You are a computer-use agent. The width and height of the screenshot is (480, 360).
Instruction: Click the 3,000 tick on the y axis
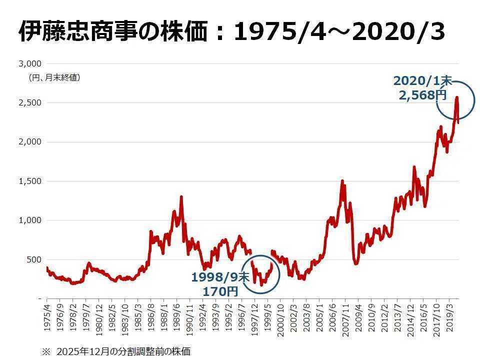[30, 63]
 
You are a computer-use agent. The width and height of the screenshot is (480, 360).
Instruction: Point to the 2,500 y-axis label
[30, 103]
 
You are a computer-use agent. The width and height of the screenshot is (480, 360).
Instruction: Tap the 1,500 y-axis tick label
[30, 181]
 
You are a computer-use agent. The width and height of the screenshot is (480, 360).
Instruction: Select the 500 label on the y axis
[34, 259]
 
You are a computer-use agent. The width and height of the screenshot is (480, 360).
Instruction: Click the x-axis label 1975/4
[47, 318]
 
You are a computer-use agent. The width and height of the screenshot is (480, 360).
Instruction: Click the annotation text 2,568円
[422, 95]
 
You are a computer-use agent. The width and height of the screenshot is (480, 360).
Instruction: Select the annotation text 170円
[220, 291]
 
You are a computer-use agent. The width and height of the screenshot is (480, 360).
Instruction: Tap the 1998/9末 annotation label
[220, 277]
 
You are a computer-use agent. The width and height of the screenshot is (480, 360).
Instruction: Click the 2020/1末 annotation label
[422, 81]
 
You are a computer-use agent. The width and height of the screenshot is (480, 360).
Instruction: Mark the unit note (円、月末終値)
[55, 78]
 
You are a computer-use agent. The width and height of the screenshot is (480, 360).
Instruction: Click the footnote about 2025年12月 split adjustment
[116, 351]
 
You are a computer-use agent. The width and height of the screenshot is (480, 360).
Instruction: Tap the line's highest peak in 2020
[456, 97]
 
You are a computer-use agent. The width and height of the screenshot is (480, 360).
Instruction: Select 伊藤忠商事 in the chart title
[77, 31]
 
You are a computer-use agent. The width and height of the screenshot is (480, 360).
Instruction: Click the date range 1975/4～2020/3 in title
[339, 31]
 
